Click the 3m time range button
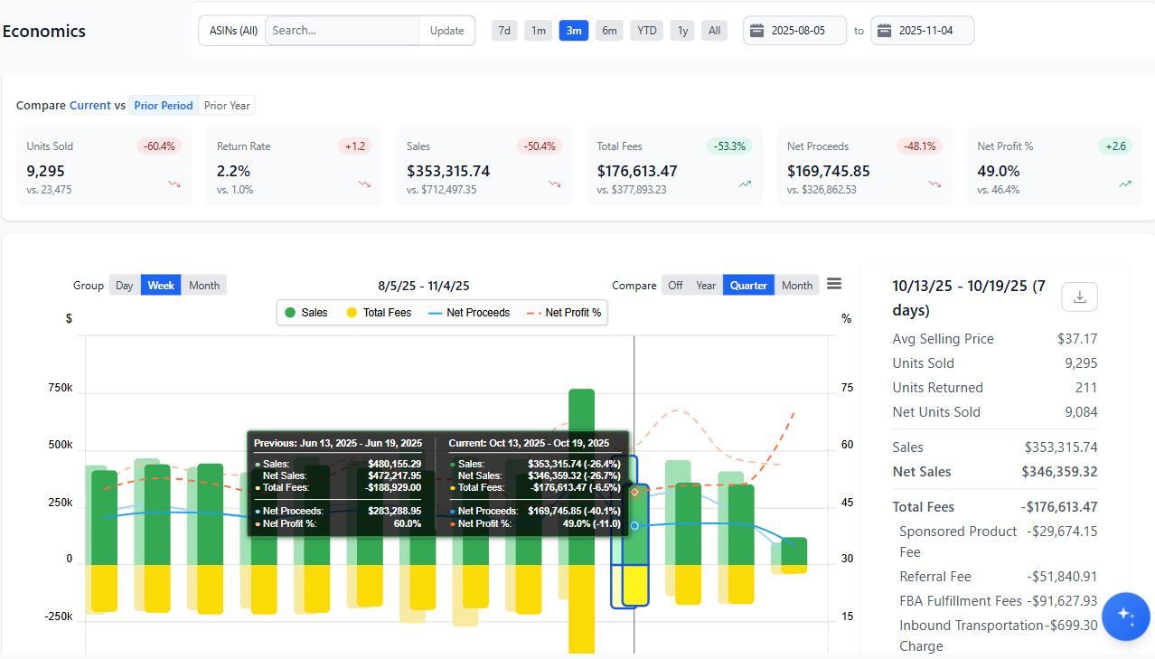click(x=573, y=31)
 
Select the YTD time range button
click(x=646, y=31)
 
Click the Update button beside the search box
click(x=446, y=31)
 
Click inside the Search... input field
click(x=342, y=31)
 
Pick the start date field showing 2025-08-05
click(x=795, y=31)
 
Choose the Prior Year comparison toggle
click(x=227, y=106)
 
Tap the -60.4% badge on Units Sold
click(x=160, y=146)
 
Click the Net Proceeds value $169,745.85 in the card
click(x=828, y=171)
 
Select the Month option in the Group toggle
click(x=203, y=286)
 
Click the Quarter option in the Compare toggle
click(x=748, y=286)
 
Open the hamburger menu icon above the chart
click(x=834, y=284)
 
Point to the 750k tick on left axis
click(x=61, y=388)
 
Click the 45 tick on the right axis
click(x=847, y=503)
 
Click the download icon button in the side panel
click(x=1079, y=297)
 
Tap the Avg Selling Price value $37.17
click(x=1077, y=339)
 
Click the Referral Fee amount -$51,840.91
click(x=1061, y=577)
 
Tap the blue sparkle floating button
click(x=1125, y=616)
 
